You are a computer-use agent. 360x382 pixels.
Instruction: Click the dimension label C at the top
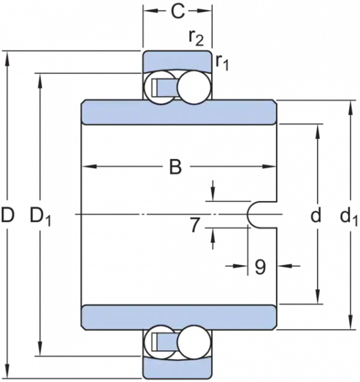click(177, 11)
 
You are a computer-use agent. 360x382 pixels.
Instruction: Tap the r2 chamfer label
click(196, 38)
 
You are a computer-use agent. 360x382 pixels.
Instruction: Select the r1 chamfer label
click(222, 63)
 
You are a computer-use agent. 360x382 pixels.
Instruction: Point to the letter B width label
click(176, 167)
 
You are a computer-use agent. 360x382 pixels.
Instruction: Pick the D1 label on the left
click(40, 216)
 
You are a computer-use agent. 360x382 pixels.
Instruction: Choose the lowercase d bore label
click(316, 215)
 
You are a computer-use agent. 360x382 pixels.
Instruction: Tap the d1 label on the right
click(349, 217)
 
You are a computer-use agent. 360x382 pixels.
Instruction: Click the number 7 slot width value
click(195, 225)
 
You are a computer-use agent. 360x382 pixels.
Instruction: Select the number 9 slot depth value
click(260, 267)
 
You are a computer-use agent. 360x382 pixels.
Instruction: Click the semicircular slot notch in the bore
click(248, 215)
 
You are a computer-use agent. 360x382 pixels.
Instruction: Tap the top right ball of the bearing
click(193, 87)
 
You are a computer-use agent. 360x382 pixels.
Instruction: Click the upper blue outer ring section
click(177, 61)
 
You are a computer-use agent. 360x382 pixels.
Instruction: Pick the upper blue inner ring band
click(179, 112)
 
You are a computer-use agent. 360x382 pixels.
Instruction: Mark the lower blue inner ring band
click(179, 318)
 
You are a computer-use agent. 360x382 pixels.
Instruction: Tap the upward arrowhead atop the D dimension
click(8, 59)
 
